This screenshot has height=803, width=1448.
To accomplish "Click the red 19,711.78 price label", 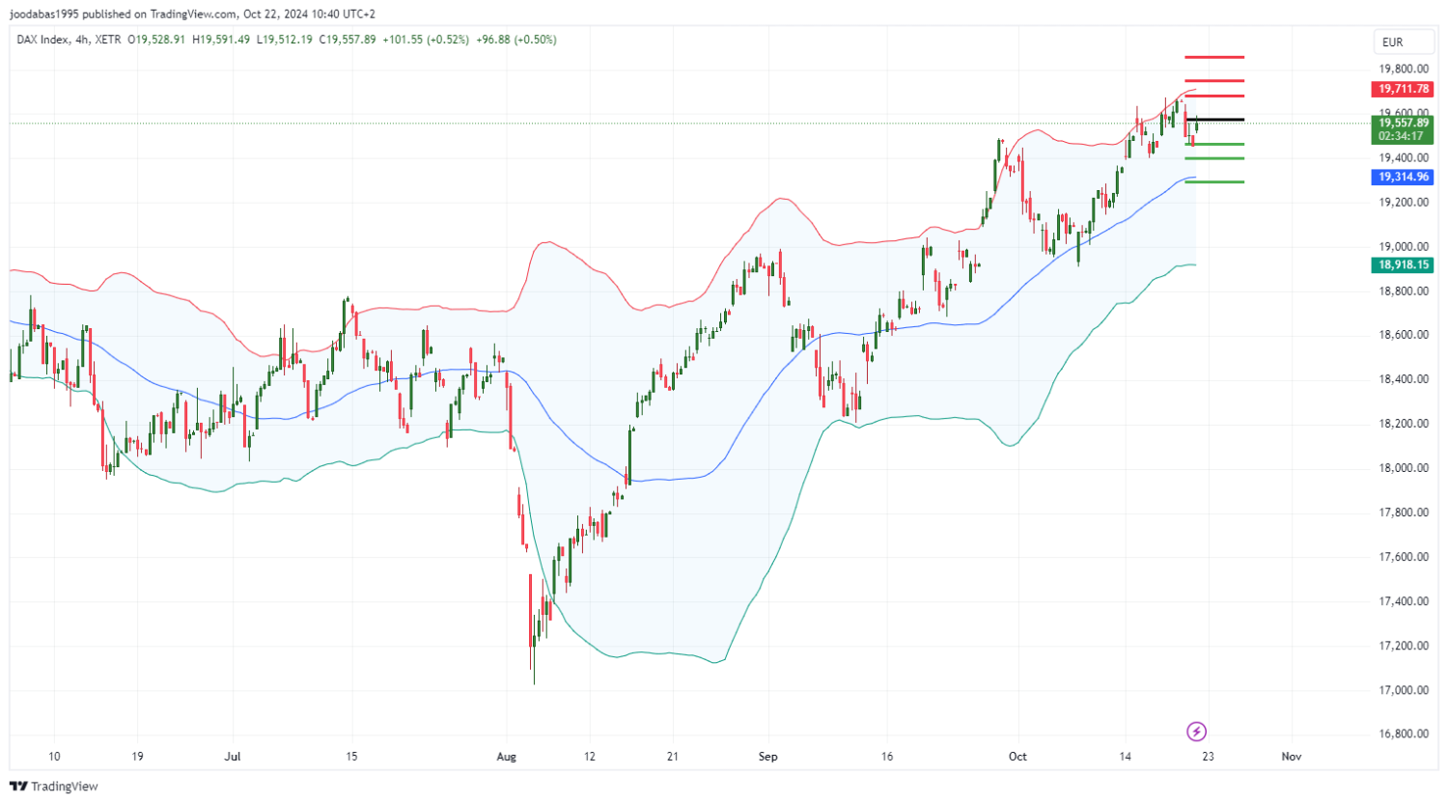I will click(1404, 89).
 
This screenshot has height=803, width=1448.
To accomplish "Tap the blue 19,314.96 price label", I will click(1404, 177).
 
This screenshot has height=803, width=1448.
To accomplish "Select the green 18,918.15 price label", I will click(1404, 264).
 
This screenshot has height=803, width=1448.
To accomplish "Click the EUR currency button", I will click(1392, 42).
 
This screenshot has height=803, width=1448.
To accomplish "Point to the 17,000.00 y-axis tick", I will click(1404, 690).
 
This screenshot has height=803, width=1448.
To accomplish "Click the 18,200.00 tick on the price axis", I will click(1404, 424).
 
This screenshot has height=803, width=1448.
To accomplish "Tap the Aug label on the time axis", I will click(507, 757).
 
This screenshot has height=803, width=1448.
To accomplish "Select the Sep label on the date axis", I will click(767, 757).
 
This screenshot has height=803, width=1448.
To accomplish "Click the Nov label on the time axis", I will click(1291, 757).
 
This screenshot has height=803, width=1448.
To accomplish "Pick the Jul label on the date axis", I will click(233, 757).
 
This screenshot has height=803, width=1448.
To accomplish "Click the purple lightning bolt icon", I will click(1196, 731).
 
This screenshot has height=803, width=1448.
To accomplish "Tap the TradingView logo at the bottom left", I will click(54, 787).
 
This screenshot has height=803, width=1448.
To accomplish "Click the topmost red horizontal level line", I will click(1214, 58).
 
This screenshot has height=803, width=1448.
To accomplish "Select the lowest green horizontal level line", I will click(1214, 181).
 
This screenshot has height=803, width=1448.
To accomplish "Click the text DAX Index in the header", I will click(42, 40).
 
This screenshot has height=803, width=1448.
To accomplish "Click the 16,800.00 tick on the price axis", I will click(1404, 734).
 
